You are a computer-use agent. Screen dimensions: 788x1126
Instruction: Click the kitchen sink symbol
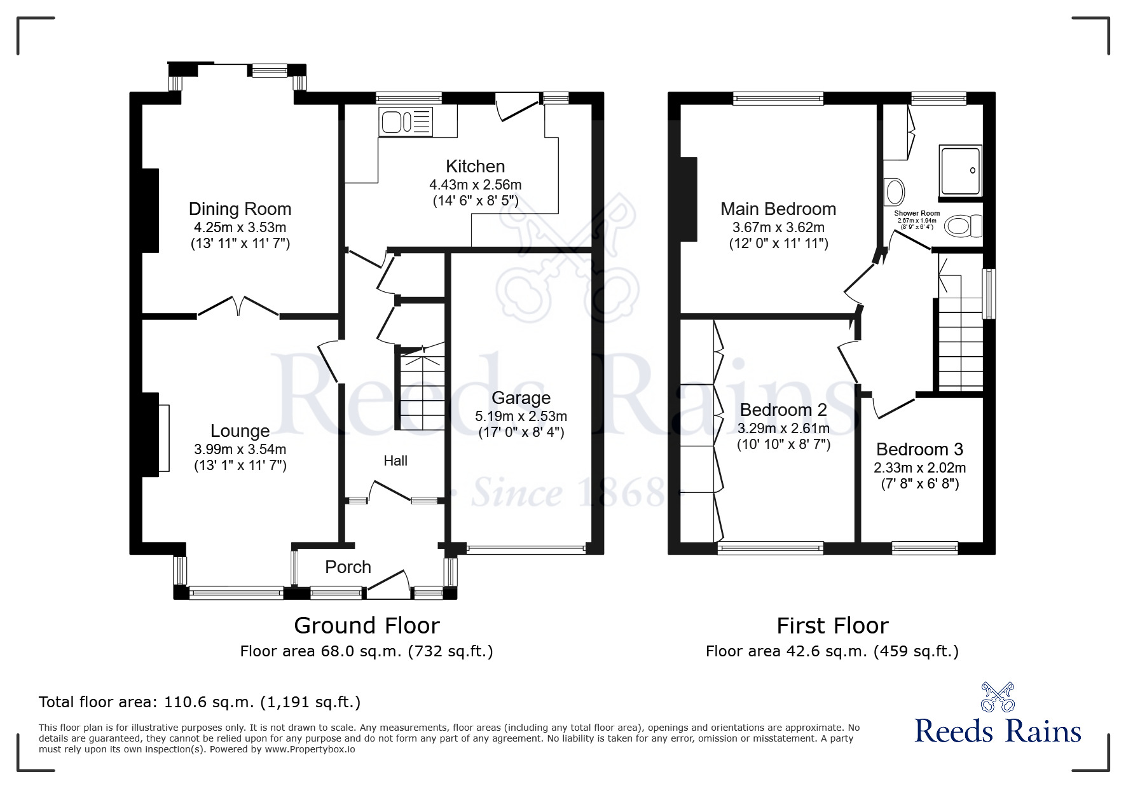pos(406,121)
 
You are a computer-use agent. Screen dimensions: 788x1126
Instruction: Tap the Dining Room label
pos(240,209)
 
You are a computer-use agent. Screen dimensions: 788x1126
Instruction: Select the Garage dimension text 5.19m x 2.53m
pos(521,417)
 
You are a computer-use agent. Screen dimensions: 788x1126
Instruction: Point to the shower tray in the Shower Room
pos(960,170)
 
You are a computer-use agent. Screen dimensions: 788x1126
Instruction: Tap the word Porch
pos(348,567)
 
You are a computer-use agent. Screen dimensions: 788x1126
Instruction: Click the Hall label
pos(395,461)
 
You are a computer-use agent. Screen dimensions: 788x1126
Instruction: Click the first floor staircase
pos(960,343)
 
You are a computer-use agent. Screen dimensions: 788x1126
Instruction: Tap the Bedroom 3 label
pos(919,450)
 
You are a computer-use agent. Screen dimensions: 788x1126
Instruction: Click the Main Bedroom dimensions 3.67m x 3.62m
pos(778,227)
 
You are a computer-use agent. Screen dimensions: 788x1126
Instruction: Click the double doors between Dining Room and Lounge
pos(238,306)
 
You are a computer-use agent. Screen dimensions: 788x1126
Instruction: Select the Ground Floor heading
pos(366,626)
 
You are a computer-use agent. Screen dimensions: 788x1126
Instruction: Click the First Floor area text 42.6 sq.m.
pos(832,651)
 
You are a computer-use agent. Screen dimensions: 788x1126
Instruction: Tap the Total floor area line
pos(200,702)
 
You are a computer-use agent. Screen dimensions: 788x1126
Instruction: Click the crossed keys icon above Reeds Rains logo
pos(998,696)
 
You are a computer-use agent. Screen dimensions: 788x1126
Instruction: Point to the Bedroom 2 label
pos(783,410)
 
